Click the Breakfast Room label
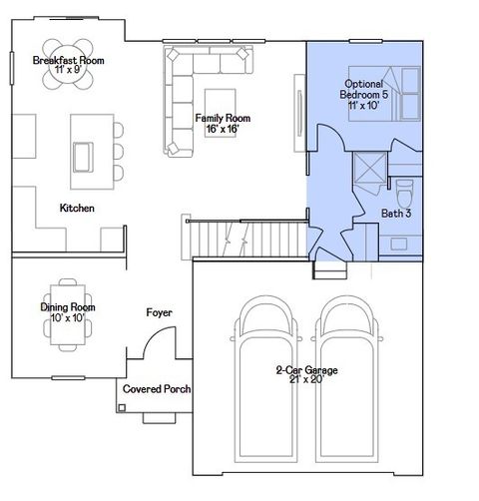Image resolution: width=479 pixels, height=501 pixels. [x=69, y=65]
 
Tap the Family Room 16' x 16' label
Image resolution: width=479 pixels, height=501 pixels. [x=222, y=123]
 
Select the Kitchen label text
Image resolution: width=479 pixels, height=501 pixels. [x=77, y=208]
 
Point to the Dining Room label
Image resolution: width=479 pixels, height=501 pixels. [x=68, y=312]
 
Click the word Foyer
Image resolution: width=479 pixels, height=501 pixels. [x=159, y=312]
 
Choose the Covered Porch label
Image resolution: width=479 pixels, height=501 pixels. [x=157, y=389]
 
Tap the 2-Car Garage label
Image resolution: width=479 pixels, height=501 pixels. [x=306, y=375]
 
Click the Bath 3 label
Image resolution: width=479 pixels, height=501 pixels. [x=396, y=213]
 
